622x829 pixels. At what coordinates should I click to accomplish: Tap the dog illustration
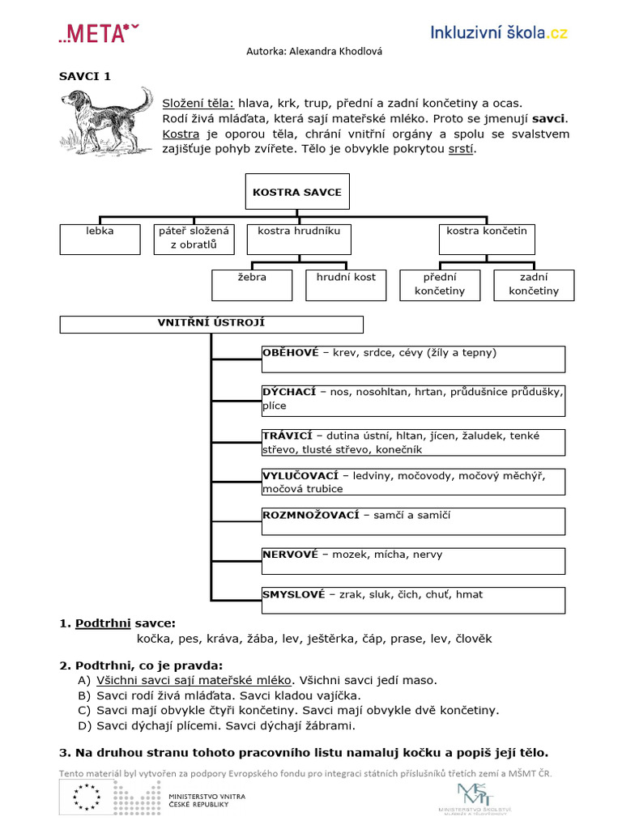click(106, 120)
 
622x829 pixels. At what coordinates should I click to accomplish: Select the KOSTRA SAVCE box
click(297, 193)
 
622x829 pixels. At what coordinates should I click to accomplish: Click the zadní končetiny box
click(534, 284)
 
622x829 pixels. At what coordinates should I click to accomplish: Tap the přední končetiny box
click(440, 284)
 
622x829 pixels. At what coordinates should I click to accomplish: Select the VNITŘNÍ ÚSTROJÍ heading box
click(211, 324)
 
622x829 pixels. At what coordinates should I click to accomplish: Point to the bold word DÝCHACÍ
click(289, 392)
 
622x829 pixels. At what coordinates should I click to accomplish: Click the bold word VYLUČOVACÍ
click(300, 475)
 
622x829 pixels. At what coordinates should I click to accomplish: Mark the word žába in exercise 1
click(262, 639)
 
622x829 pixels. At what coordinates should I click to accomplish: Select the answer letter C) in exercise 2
click(84, 710)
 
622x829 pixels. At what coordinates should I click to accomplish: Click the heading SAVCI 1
click(84, 77)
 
